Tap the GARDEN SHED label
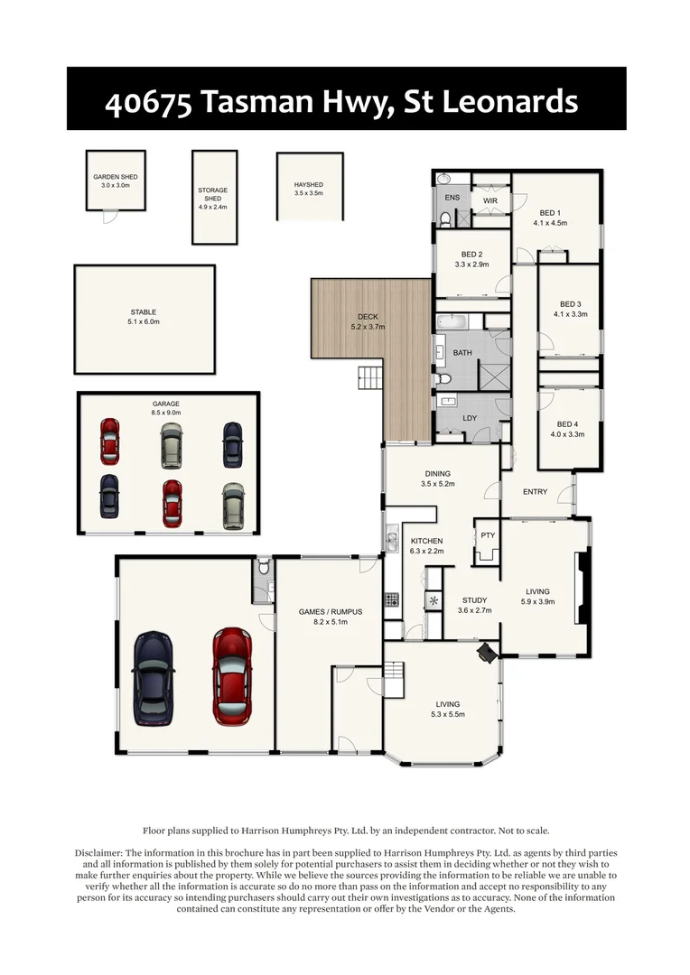[x=115, y=178]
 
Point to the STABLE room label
[x=143, y=312]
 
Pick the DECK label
[x=368, y=316]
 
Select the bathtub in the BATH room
[x=451, y=320]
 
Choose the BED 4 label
[x=567, y=424]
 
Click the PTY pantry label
[x=488, y=535]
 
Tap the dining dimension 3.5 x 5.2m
[x=437, y=484]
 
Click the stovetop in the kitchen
[x=393, y=598]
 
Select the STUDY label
[x=475, y=599]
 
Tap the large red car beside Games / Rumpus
[x=231, y=675]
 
